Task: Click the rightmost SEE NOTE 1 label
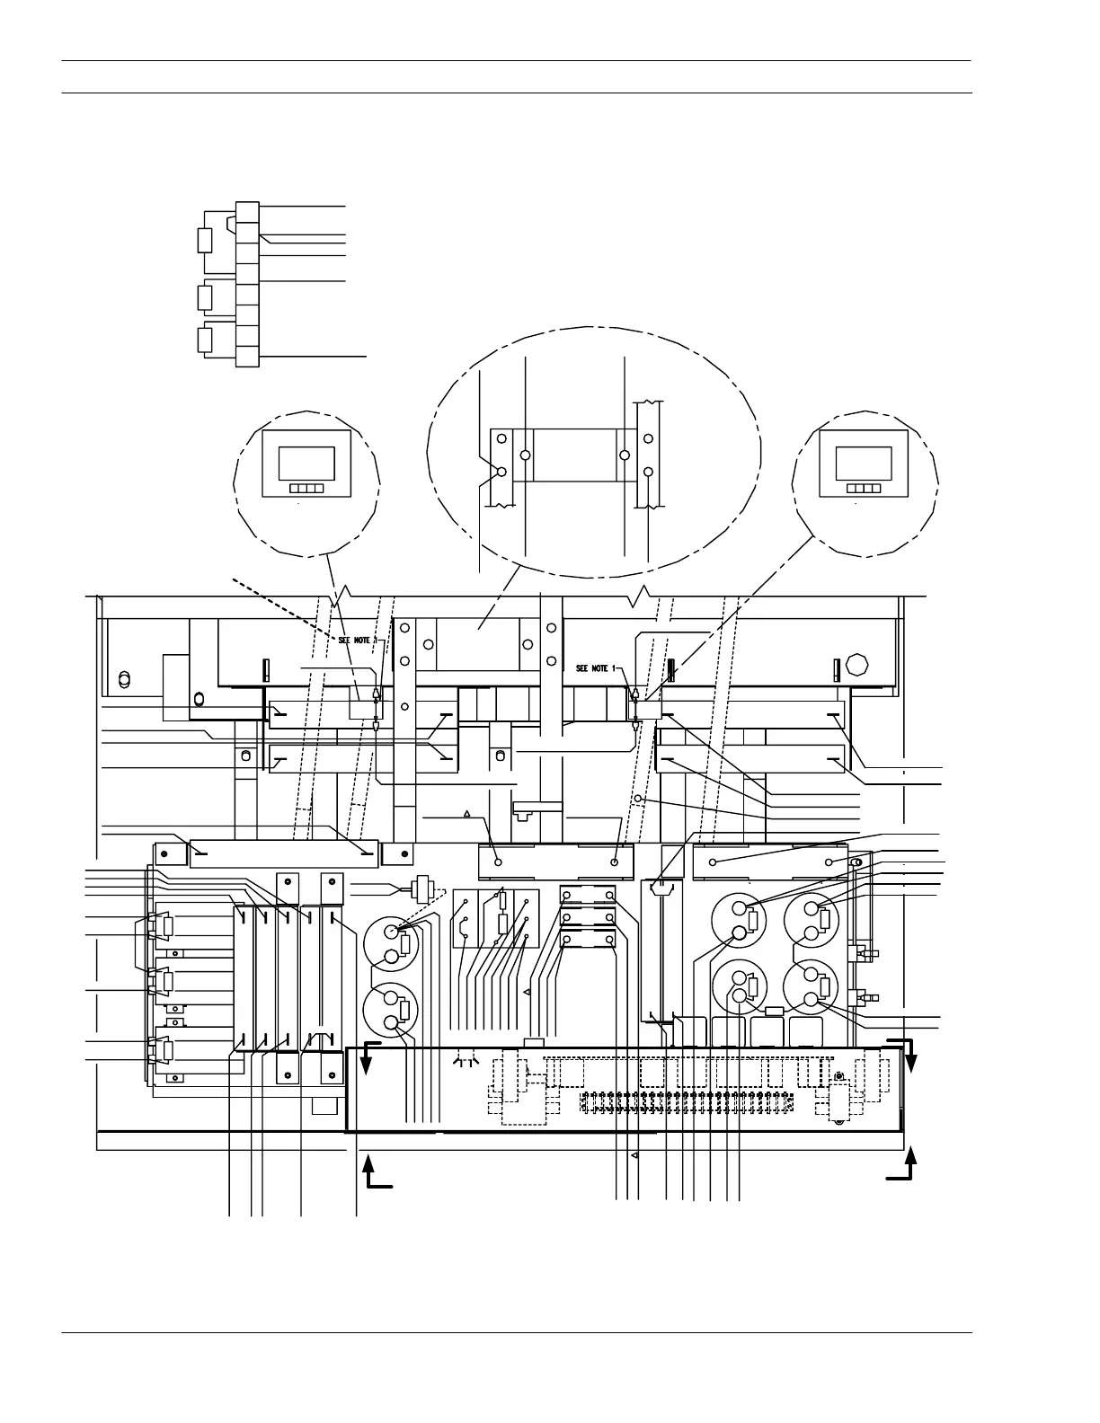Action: click(598, 668)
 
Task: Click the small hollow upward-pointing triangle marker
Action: click(467, 815)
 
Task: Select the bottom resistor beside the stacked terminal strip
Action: click(204, 340)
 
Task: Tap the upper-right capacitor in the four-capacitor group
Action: click(816, 922)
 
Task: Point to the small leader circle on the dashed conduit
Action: click(638, 798)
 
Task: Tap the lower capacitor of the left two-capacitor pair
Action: click(391, 1010)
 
